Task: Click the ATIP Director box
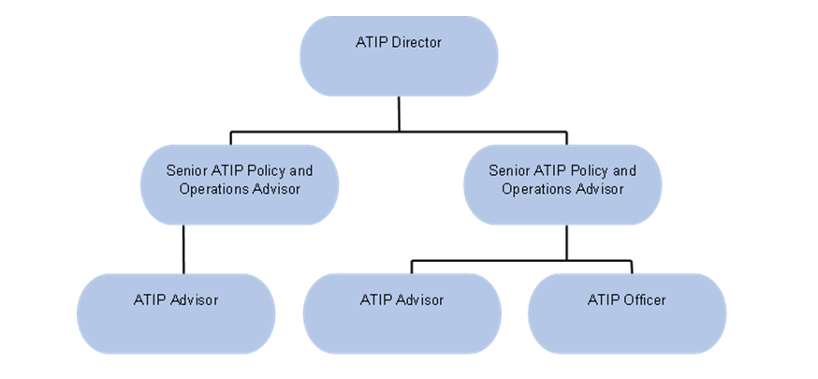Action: (399, 56)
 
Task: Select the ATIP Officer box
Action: (627, 313)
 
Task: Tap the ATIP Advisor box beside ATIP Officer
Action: (402, 313)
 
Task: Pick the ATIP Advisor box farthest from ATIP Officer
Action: (176, 313)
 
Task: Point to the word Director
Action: (417, 42)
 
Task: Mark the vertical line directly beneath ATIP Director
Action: (399, 112)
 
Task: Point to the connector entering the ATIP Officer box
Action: (632, 267)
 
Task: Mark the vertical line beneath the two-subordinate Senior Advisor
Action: (566, 242)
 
